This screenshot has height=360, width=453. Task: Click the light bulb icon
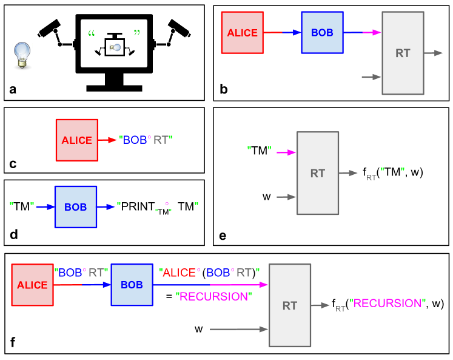click(x=22, y=56)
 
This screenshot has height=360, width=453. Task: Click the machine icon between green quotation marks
click(x=114, y=44)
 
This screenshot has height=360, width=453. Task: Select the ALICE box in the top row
click(x=242, y=33)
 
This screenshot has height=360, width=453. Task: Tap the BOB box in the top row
click(x=322, y=33)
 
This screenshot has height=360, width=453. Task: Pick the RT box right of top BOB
click(x=403, y=53)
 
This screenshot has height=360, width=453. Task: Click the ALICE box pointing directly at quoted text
click(x=76, y=140)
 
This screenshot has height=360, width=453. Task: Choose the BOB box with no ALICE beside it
click(x=76, y=207)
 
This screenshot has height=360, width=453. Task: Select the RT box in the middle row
click(x=318, y=173)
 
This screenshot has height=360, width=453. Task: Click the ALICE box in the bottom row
click(x=32, y=285)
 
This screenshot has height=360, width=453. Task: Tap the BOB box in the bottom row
click(x=132, y=285)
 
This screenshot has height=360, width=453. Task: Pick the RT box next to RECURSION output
click(x=290, y=305)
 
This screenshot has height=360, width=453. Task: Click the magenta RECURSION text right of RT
click(x=388, y=303)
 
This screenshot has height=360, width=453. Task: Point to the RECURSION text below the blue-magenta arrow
click(x=213, y=297)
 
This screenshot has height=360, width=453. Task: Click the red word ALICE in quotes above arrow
click(x=179, y=273)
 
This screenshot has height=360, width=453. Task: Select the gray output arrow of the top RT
click(x=434, y=53)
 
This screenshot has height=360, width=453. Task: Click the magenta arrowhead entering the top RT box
click(x=376, y=33)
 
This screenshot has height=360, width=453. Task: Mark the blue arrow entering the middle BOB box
click(x=45, y=207)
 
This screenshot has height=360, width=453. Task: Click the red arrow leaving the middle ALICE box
click(x=107, y=140)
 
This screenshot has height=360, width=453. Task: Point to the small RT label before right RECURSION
click(x=340, y=308)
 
